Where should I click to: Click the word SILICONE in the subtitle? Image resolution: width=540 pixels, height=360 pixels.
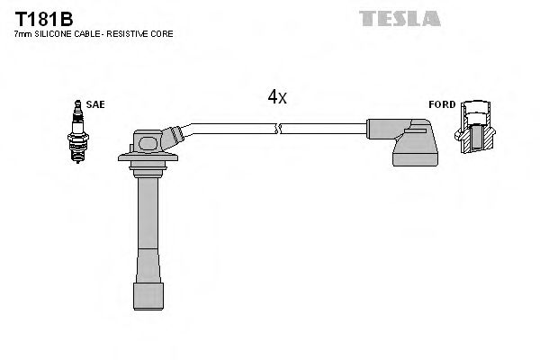(50, 33)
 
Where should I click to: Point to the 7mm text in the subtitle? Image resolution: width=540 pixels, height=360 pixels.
(22, 33)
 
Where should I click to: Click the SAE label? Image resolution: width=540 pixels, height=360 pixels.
(96, 104)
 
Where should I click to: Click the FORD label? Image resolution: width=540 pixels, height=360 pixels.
(441, 104)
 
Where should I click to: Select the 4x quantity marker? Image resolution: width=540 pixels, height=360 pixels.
(276, 96)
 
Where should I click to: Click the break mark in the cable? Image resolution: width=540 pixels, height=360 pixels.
(280, 130)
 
